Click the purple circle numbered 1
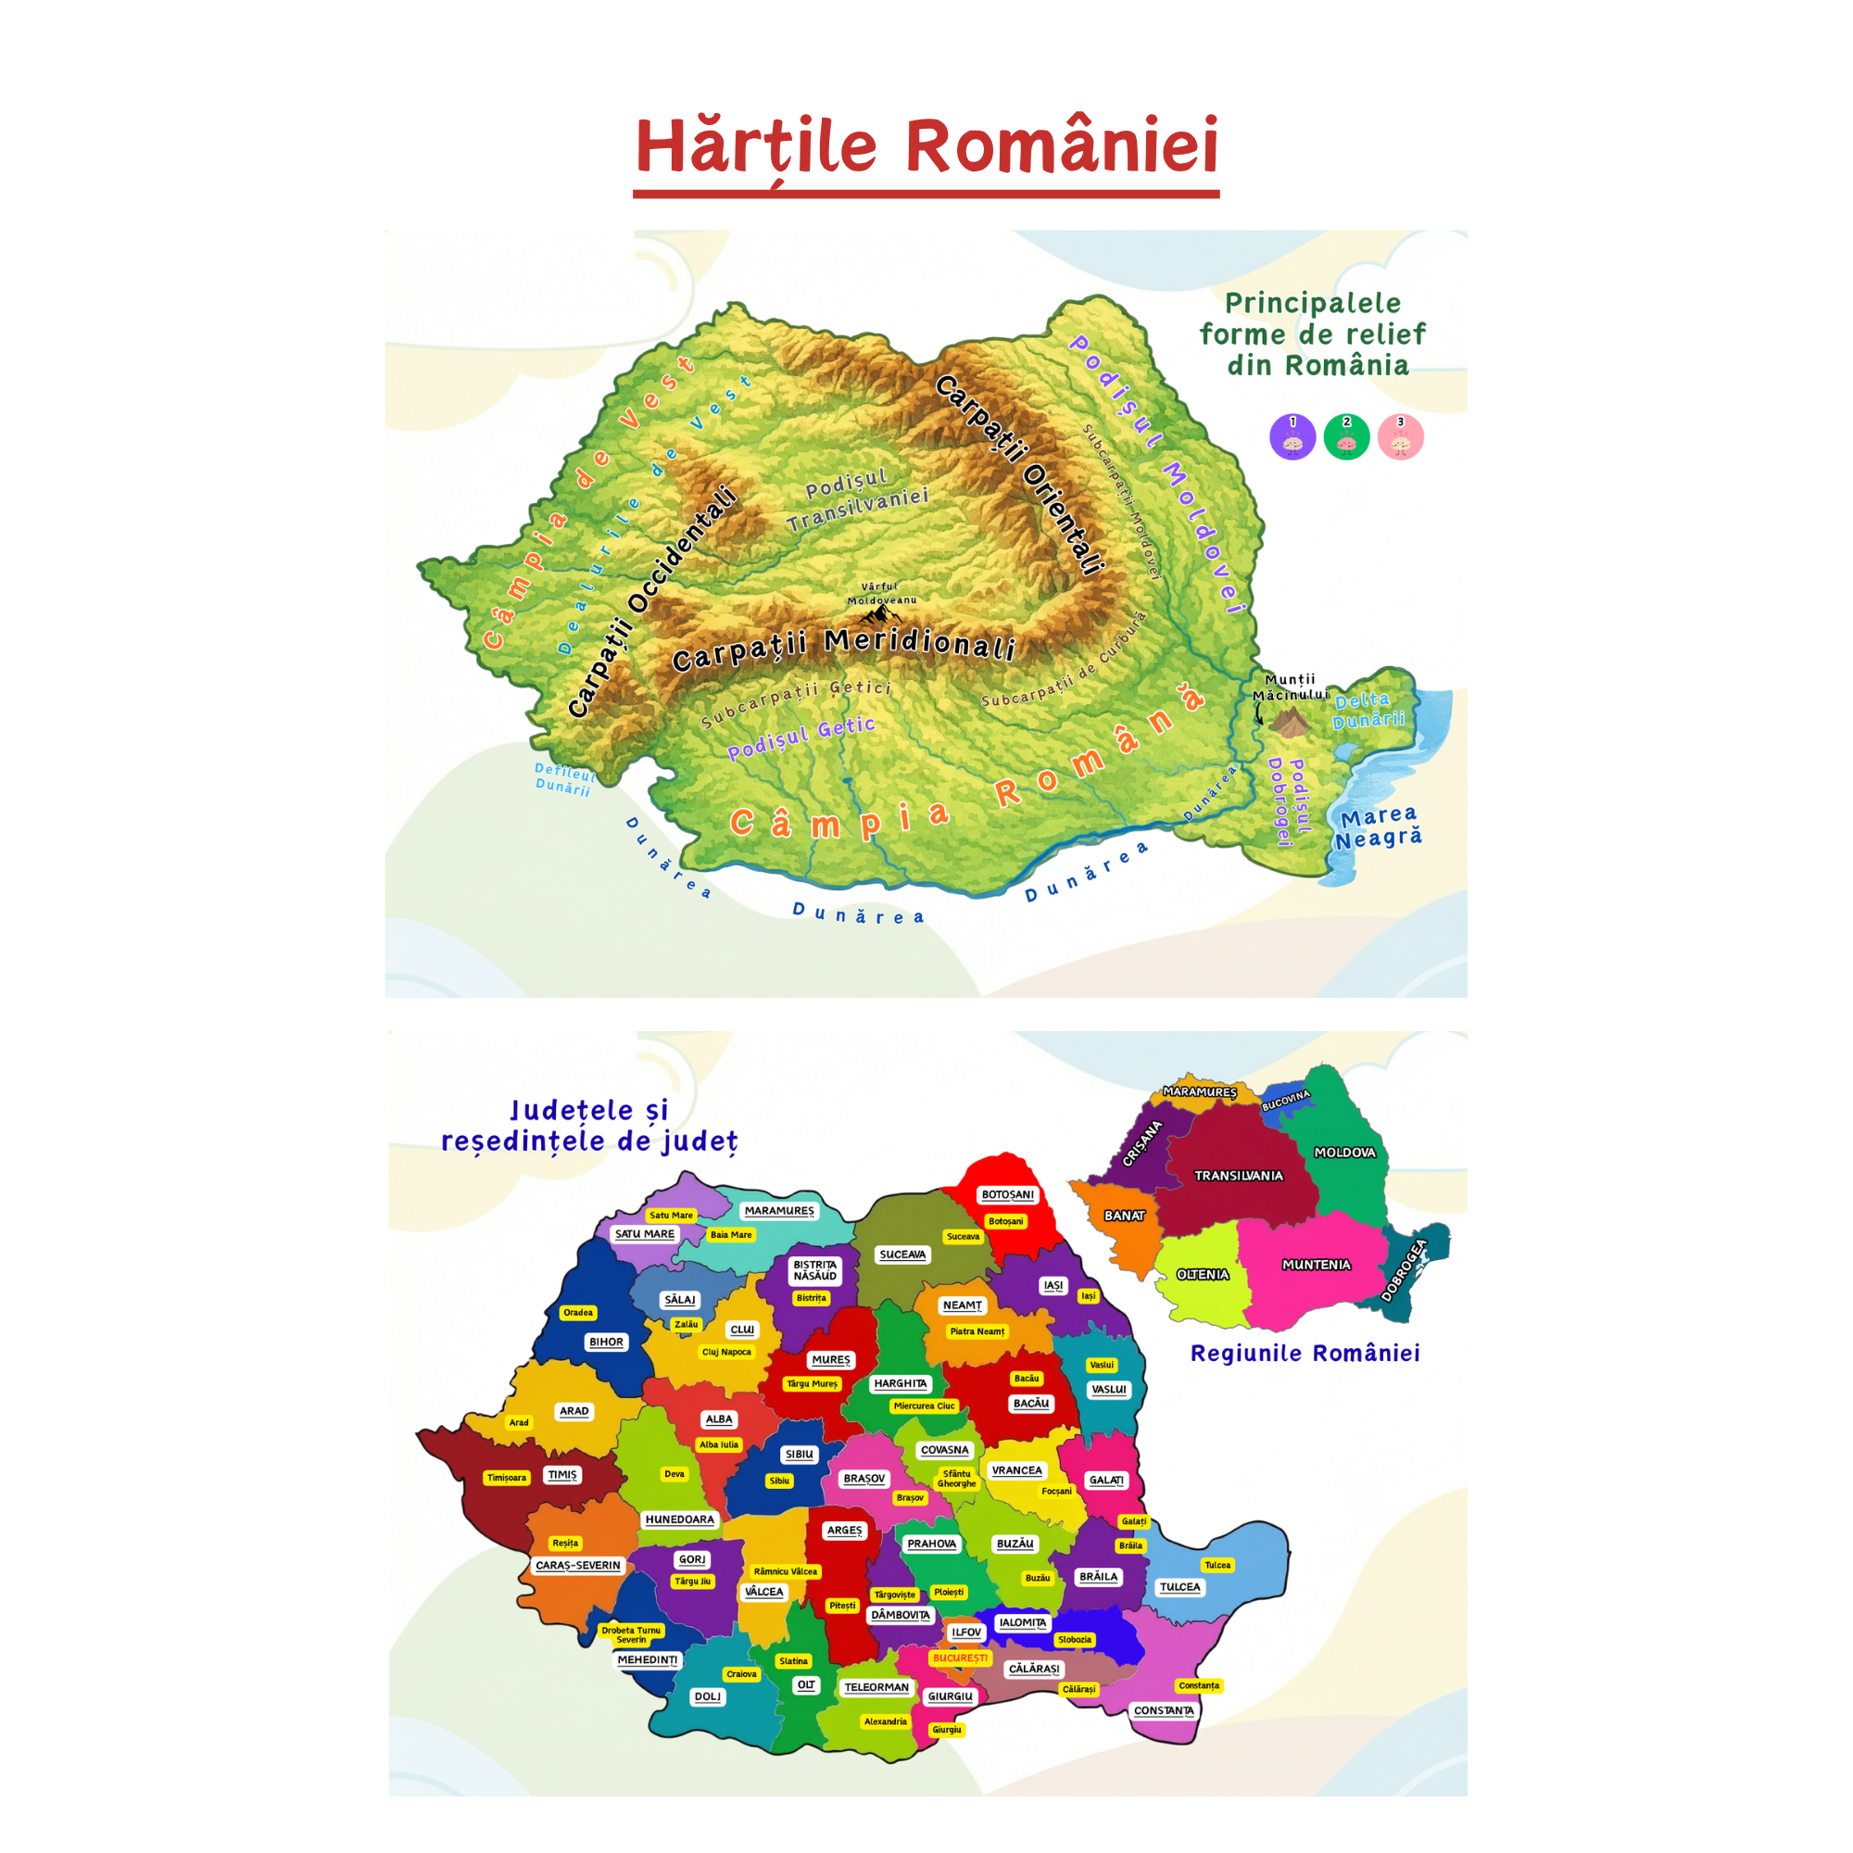pos(1292,437)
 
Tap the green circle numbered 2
pos(1345,437)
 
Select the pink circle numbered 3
pos(1399,437)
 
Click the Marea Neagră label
pos(1379,826)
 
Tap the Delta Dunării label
pos(1368,711)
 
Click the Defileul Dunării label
pos(564,779)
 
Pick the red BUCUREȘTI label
pos(959,1658)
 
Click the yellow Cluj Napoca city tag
pos(726,1353)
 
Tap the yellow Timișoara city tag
pos(507,1477)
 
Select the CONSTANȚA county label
pos(1164,1710)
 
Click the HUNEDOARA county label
pos(679,1519)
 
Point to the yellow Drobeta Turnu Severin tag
pos(631,1634)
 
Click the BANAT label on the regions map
pos(1124,1216)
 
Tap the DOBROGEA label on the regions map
pos(1405,1271)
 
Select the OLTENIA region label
pos(1203,1275)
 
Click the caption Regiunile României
pos(1305,1354)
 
